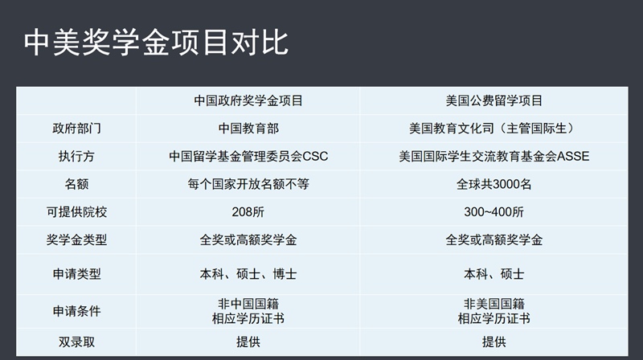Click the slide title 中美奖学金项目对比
(x=156, y=43)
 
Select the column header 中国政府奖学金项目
(x=248, y=100)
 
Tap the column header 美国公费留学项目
(x=494, y=100)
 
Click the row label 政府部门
(x=76, y=129)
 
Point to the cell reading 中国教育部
(x=248, y=129)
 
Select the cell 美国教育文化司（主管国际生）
(x=494, y=129)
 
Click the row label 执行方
(x=76, y=156)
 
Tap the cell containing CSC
(x=248, y=156)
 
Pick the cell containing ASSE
(x=494, y=156)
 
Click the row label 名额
(x=76, y=184)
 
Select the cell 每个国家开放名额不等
(x=248, y=184)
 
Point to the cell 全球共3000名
(x=494, y=184)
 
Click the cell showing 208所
(x=248, y=212)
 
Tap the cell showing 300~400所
(x=494, y=212)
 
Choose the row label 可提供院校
(x=76, y=212)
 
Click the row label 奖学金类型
(x=76, y=239)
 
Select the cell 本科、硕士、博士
(x=248, y=274)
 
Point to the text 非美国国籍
(x=494, y=304)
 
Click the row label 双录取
(x=76, y=342)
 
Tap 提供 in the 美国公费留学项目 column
(x=494, y=342)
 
